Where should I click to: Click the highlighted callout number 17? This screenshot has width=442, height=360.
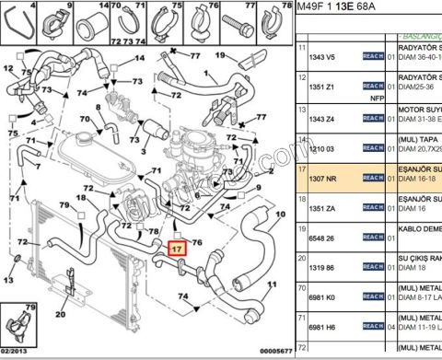click(x=177, y=248)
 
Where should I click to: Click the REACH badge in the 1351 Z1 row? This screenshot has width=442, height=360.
click(x=372, y=87)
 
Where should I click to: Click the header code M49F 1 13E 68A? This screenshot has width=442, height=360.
click(x=343, y=8)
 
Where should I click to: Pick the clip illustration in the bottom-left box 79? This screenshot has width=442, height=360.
click(x=17, y=324)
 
